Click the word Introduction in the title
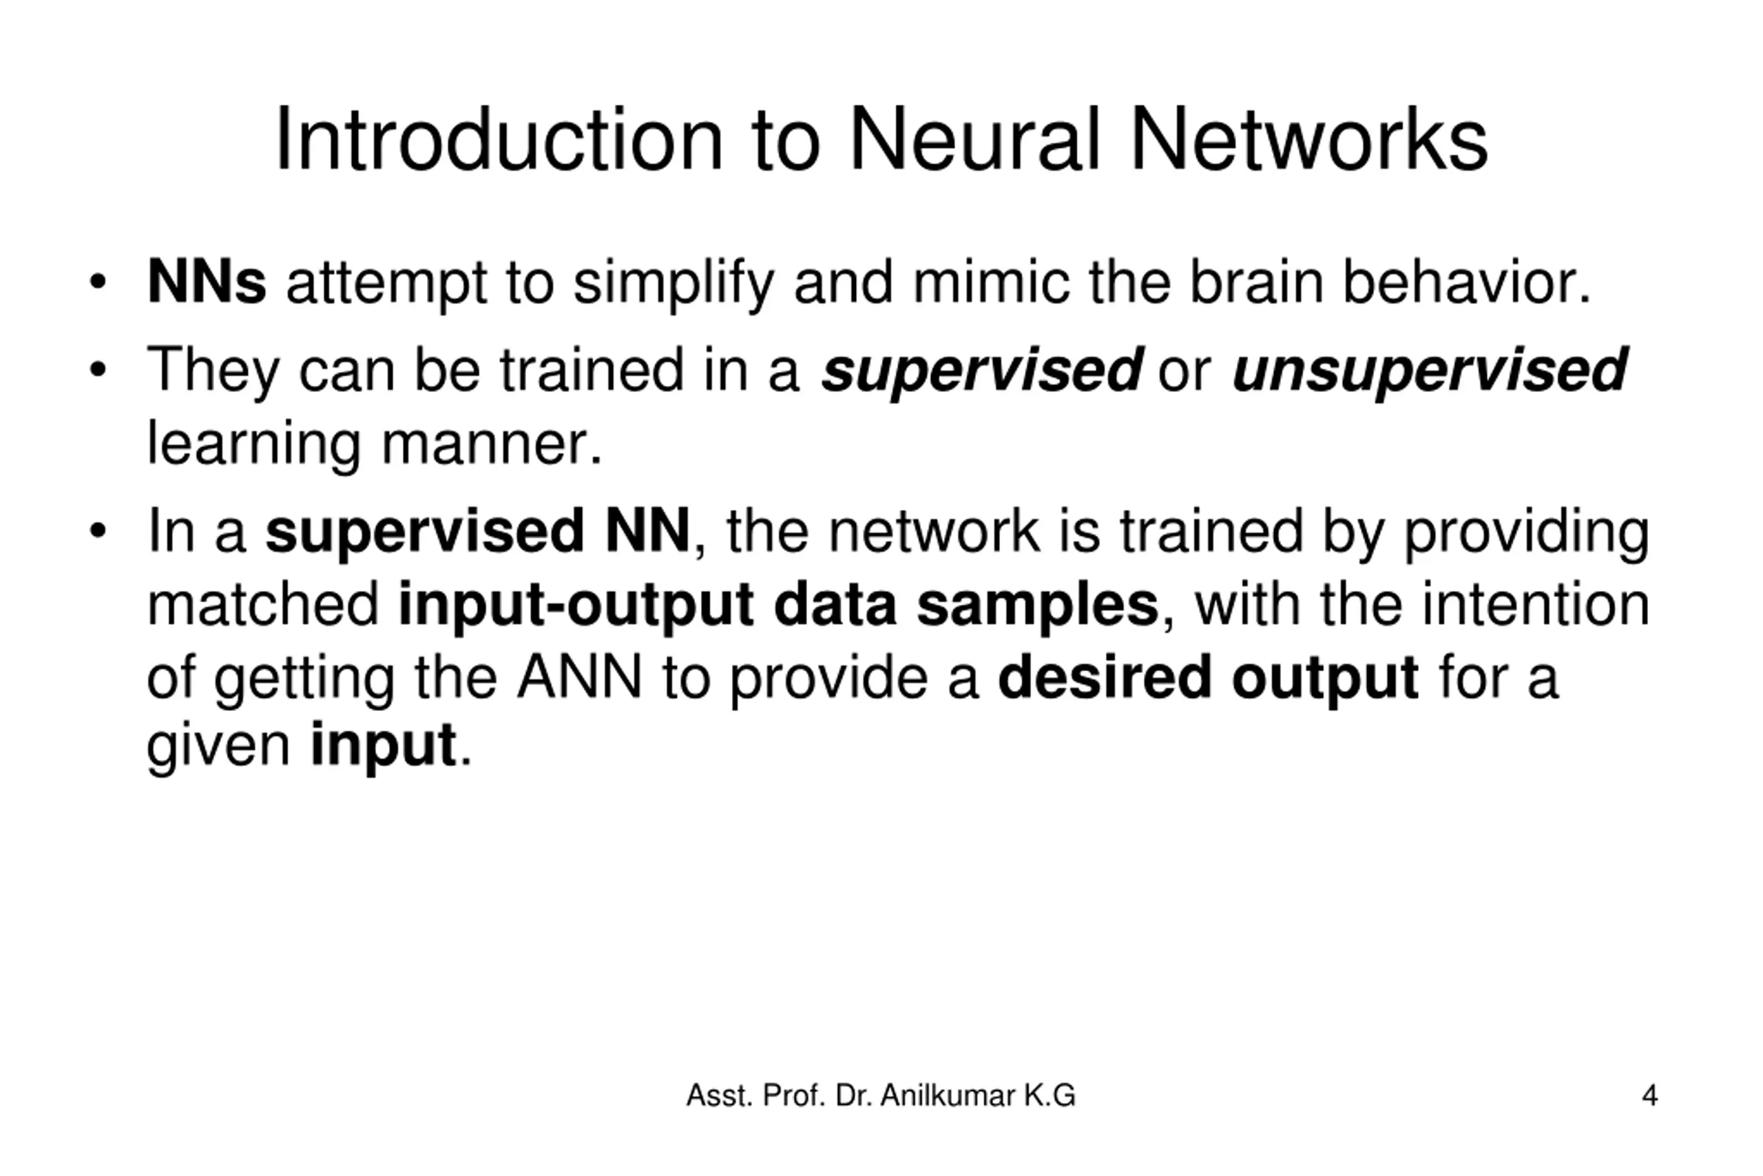tap(499, 139)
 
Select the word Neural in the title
tap(974, 139)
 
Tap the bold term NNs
tap(206, 282)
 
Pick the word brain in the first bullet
tap(1256, 282)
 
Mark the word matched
tap(262, 604)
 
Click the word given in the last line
tap(218, 746)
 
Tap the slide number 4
tap(1649, 1096)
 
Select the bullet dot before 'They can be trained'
tap(97, 370)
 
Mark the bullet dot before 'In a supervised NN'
tap(97, 531)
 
